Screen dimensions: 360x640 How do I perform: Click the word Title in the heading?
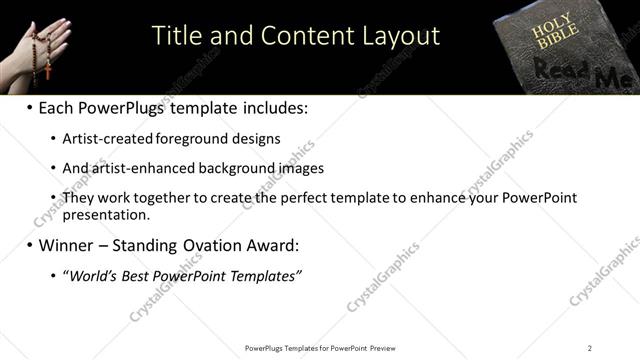click(x=176, y=36)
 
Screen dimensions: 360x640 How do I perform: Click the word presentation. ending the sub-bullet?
click(x=106, y=214)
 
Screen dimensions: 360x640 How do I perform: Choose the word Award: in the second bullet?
click(x=271, y=245)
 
